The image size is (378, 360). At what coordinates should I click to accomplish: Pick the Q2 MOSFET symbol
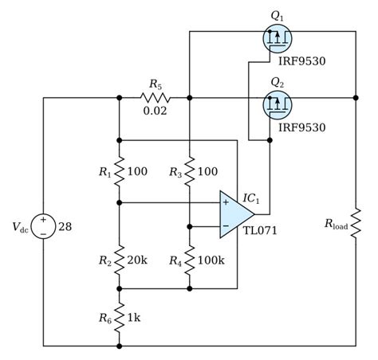(275, 101)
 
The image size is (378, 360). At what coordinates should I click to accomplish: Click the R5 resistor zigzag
(153, 98)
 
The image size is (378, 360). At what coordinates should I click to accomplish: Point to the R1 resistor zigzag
(119, 171)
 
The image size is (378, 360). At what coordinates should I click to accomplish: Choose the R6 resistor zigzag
(119, 317)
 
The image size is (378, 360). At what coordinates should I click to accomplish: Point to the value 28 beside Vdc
(65, 227)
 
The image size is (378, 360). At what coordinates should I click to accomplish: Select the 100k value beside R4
(211, 259)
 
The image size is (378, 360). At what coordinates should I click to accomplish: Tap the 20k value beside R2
(137, 259)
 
